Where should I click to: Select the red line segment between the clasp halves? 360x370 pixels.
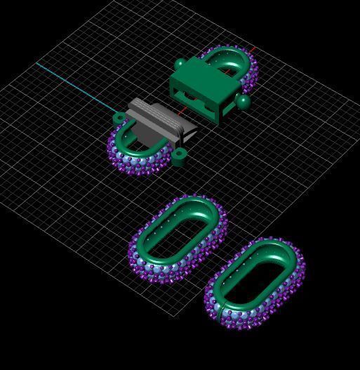coord(183,110)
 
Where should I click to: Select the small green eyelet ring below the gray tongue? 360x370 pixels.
coord(180,155)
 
